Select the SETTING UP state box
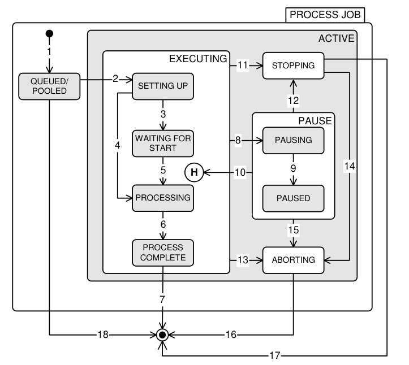point(163,86)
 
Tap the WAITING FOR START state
point(163,143)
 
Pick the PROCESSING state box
point(163,198)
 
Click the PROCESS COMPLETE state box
point(163,253)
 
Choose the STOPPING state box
point(293,66)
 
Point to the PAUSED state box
point(293,198)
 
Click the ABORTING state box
point(293,260)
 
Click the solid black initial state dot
point(49,33)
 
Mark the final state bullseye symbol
point(163,335)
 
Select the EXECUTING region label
point(199,58)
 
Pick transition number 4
point(118,145)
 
